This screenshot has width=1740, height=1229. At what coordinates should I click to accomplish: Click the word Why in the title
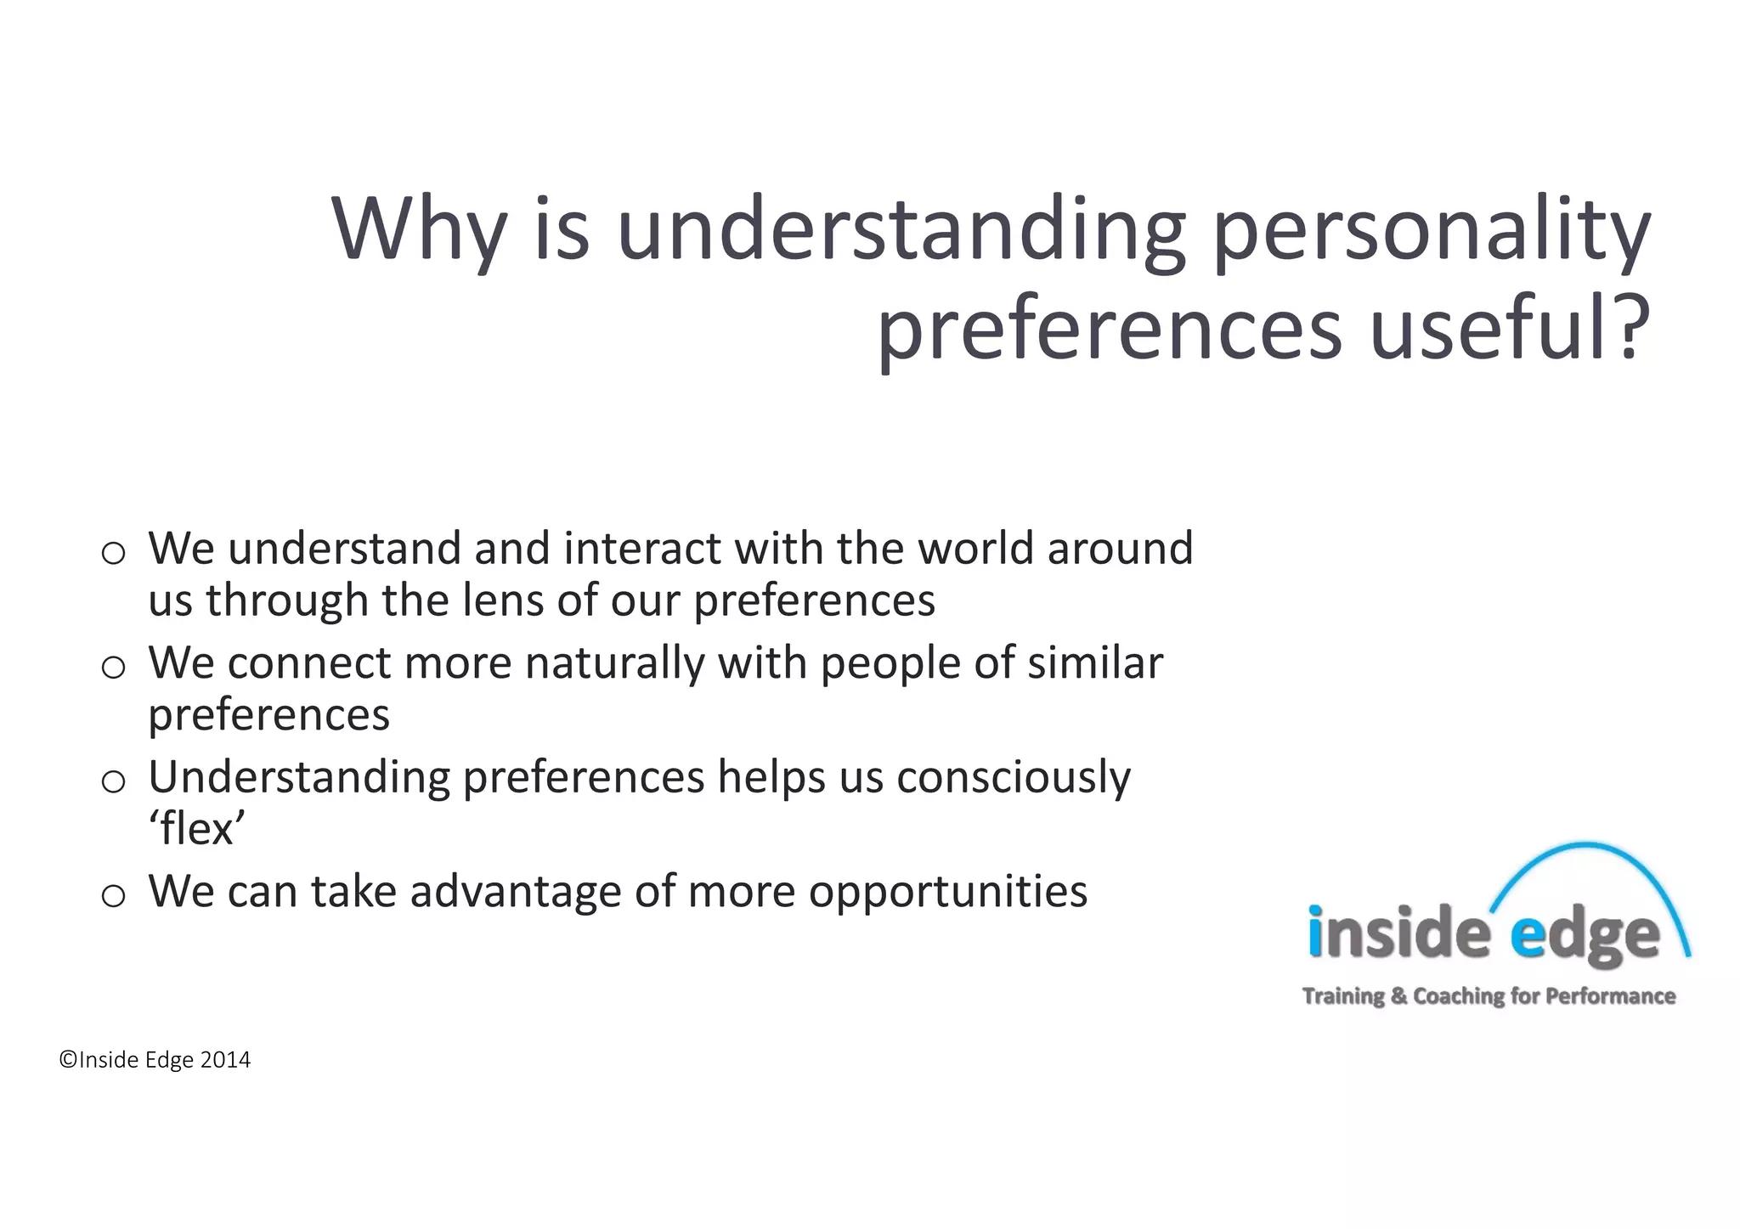click(418, 229)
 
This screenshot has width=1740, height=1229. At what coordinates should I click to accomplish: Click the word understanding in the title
click(901, 229)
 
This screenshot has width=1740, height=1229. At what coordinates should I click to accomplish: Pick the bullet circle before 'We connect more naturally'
click(113, 668)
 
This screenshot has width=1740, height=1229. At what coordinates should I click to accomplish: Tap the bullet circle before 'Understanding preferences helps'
click(113, 781)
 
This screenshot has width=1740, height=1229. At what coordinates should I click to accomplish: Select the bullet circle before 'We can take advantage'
click(113, 895)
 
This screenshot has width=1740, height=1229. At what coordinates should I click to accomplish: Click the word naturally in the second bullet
click(615, 663)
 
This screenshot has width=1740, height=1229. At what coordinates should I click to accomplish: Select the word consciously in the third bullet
click(1013, 778)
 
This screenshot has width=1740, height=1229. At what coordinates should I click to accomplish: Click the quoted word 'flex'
click(197, 828)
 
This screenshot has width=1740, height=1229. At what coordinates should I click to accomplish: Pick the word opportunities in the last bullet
click(947, 892)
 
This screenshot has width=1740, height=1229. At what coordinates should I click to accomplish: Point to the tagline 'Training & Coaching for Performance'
click(1489, 995)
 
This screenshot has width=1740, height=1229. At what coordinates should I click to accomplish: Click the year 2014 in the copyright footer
click(225, 1060)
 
